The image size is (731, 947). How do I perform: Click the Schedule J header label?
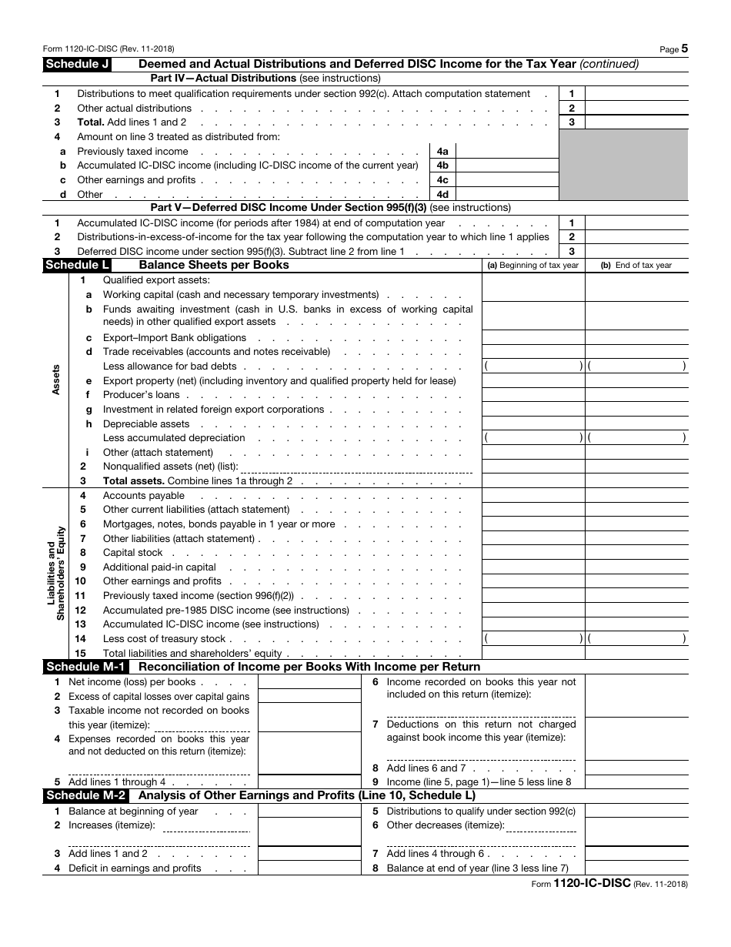pyautogui.click(x=77, y=64)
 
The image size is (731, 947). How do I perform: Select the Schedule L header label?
pyautogui.click(x=77, y=265)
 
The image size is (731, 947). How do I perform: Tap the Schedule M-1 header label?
pyautogui.click(x=86, y=667)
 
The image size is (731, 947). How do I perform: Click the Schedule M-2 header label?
pyautogui.click(x=86, y=795)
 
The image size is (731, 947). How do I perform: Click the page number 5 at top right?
pyautogui.click(x=684, y=48)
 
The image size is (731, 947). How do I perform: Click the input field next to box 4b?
pyautogui.click(x=507, y=166)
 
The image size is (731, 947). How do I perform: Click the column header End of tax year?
pyautogui.click(x=636, y=266)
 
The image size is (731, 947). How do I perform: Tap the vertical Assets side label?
pyautogui.click(x=55, y=380)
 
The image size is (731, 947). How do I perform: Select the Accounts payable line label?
pyautogui.click(x=143, y=496)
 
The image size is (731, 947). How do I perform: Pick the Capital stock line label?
pyautogui.click(x=132, y=553)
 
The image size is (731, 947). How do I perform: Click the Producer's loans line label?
pyautogui.click(x=141, y=395)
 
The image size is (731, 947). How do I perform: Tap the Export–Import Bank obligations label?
pyautogui.click(x=174, y=338)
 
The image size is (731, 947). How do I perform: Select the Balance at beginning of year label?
pyautogui.click(x=133, y=811)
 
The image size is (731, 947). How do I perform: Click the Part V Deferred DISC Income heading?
pyautogui.click(x=330, y=208)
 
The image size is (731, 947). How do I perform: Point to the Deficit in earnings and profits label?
pyautogui.click(x=135, y=868)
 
